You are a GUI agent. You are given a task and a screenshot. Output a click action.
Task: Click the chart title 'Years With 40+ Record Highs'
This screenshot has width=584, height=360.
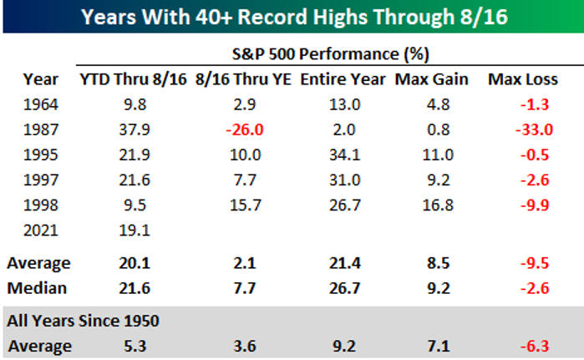pos(292,16)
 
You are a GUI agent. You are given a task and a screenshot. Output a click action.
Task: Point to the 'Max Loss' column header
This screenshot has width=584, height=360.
pos(533,79)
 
